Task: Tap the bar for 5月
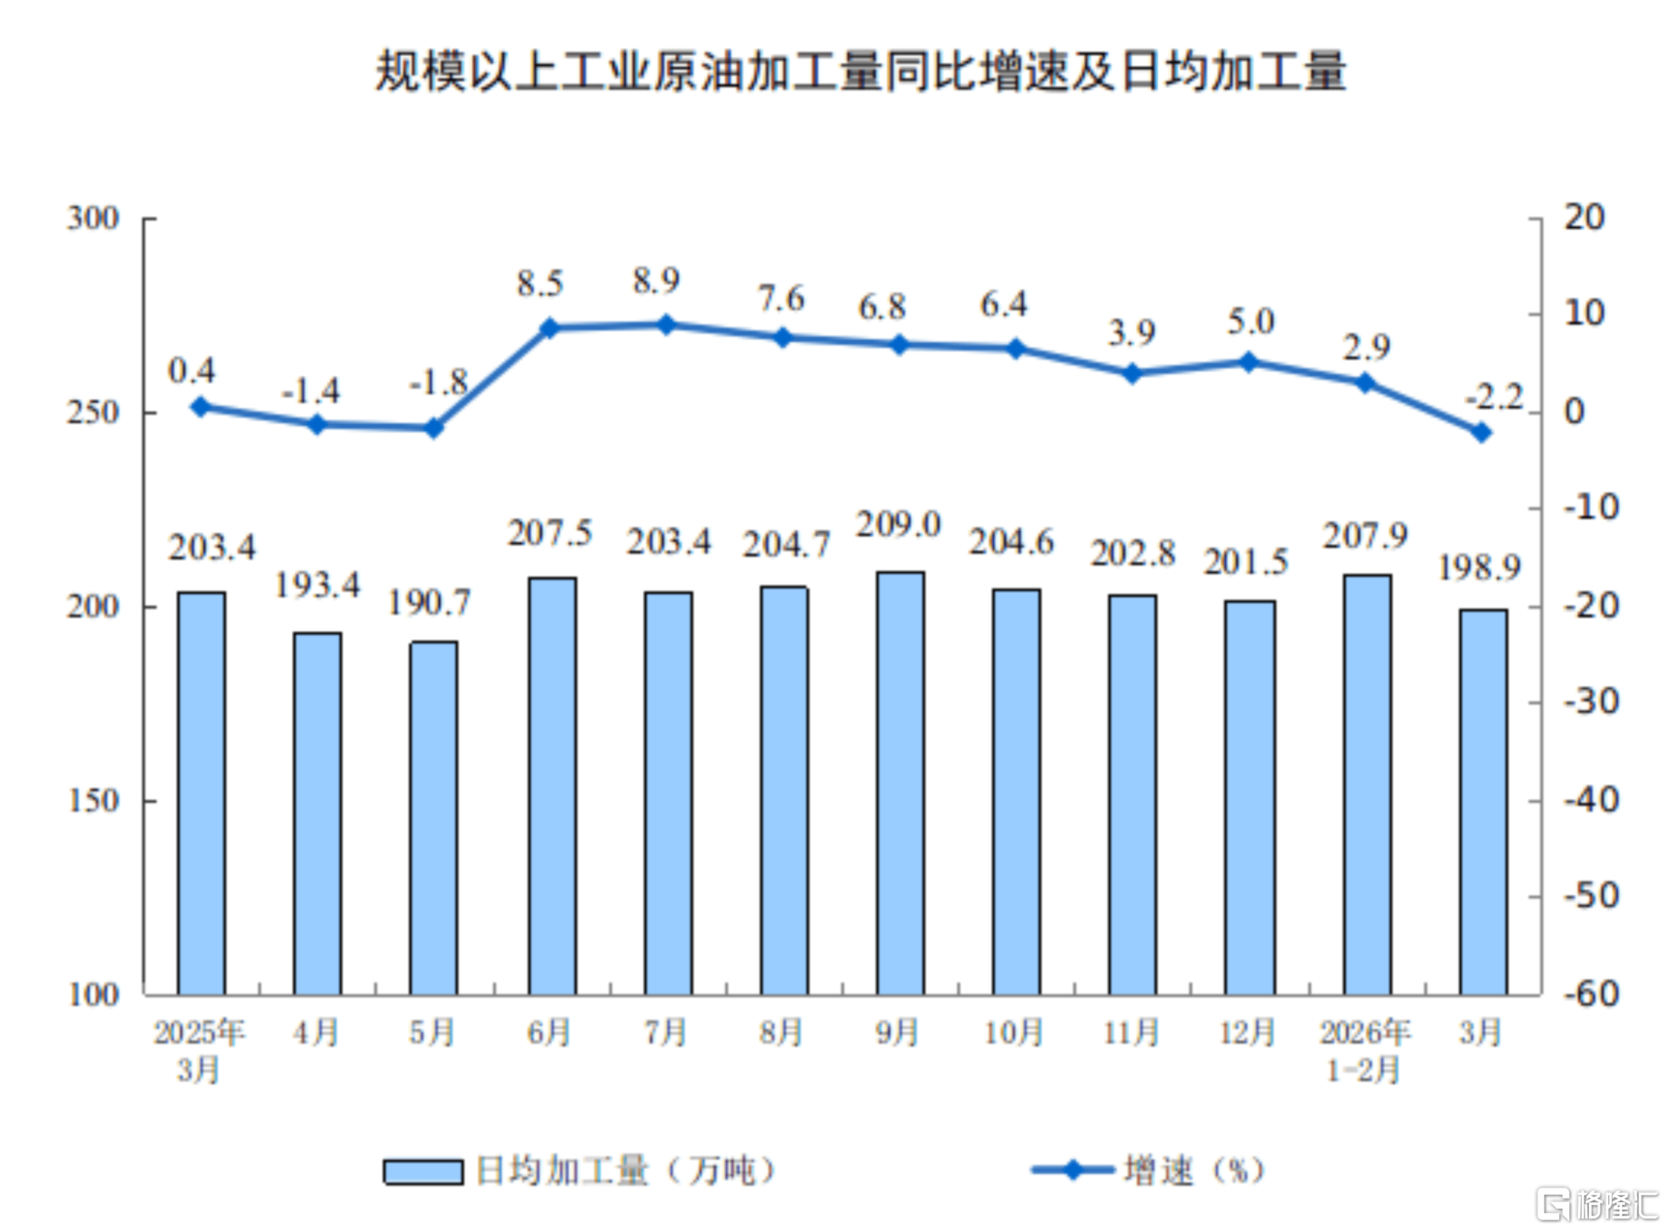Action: [433, 817]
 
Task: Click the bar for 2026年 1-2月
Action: [1367, 784]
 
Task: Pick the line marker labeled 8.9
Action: [666, 325]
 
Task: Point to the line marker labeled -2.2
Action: [1481, 432]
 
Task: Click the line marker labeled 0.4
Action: [200, 407]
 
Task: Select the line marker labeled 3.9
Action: [1131, 373]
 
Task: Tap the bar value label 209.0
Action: [898, 525]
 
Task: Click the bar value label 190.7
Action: [429, 604]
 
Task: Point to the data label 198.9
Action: [1478, 568]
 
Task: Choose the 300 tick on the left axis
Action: [93, 219]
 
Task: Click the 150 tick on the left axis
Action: [93, 801]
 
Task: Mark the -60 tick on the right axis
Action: [1591, 994]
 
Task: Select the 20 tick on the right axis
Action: [1584, 217]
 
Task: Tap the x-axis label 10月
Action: [1014, 1033]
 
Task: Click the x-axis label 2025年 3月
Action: [199, 1051]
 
